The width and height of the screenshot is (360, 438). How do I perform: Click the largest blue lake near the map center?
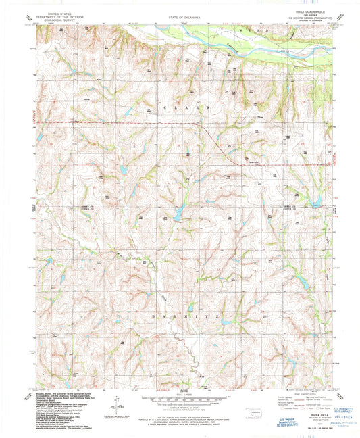pos(177,215)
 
